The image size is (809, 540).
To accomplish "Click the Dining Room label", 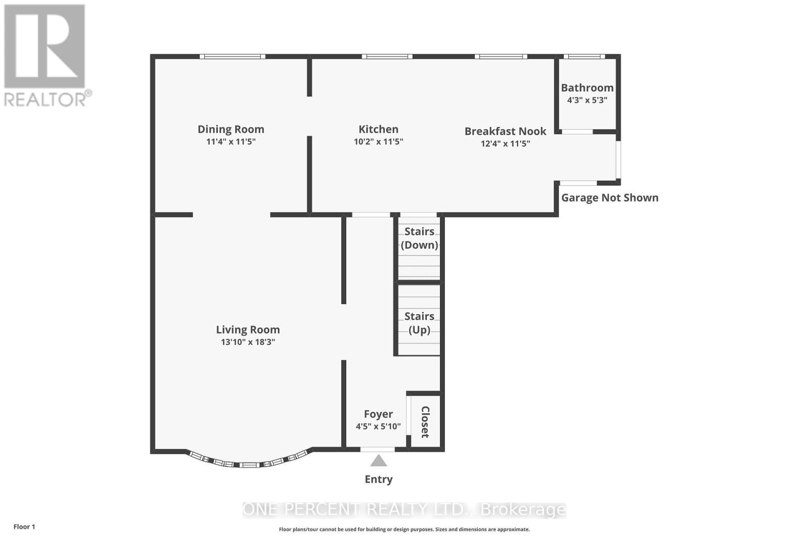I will click(x=231, y=130).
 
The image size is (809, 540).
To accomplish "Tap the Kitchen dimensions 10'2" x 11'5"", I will click(x=378, y=142).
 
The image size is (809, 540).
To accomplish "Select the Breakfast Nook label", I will click(x=505, y=132).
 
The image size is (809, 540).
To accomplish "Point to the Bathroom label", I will click(x=587, y=88).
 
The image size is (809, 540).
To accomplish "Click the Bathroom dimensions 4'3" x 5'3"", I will click(x=587, y=100).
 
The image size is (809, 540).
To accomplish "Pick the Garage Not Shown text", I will click(x=610, y=198).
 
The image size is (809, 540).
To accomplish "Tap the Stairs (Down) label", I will click(x=419, y=238).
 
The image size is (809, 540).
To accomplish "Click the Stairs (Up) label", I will click(x=419, y=323).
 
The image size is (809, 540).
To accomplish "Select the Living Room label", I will click(x=248, y=330).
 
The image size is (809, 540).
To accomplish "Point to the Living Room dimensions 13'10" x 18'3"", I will click(x=248, y=342).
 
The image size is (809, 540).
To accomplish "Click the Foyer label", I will click(x=378, y=414).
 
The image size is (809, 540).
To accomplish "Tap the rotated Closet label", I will click(x=425, y=422).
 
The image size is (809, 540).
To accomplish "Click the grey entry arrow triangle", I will click(x=378, y=461).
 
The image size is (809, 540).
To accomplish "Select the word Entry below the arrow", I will click(x=378, y=479).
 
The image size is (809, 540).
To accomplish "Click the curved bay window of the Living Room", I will click(x=248, y=463).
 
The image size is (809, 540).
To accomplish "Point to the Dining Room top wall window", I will click(x=232, y=56).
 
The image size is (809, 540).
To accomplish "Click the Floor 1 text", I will click(x=24, y=527).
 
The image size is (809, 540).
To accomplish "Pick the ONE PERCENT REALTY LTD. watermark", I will click(x=404, y=510).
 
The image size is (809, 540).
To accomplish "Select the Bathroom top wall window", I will click(x=584, y=56).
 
